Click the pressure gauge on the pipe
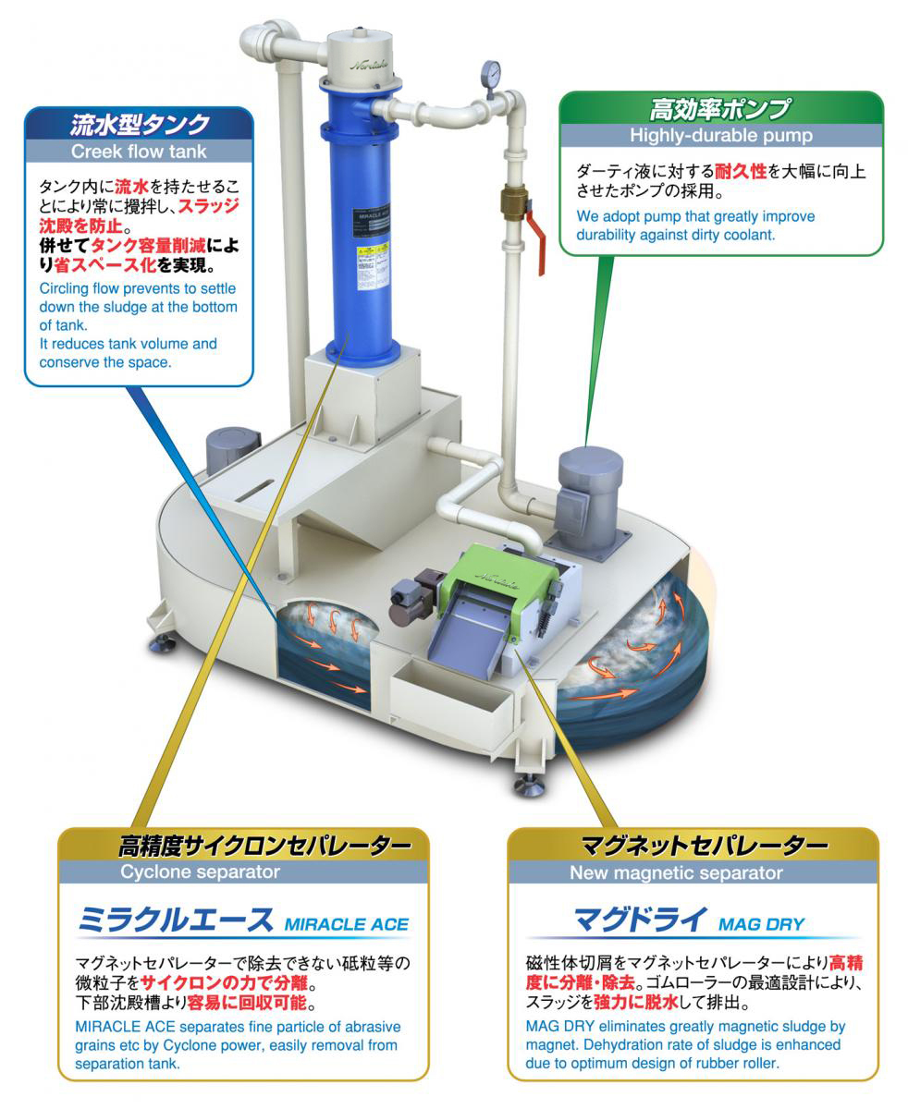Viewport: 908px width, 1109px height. tap(490, 73)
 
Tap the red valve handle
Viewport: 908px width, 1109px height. tap(536, 243)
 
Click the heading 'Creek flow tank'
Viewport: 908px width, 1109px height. tap(139, 151)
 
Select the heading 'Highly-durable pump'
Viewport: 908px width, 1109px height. tap(720, 135)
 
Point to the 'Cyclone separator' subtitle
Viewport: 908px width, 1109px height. tap(200, 871)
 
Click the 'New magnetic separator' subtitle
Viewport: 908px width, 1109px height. tap(675, 872)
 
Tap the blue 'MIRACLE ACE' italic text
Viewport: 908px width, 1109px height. tap(346, 923)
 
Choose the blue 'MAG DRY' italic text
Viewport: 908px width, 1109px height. tap(760, 923)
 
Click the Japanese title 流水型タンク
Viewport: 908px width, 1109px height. tap(140, 124)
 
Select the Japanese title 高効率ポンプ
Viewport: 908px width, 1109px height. tap(720, 109)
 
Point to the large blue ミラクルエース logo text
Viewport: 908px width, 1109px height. tap(176, 920)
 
